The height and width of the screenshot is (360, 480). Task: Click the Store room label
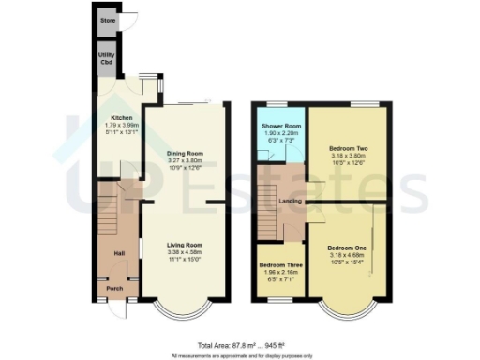108,18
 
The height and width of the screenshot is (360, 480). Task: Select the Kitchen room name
110,117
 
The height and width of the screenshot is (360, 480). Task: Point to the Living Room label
184,245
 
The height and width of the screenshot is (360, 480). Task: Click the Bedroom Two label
348,148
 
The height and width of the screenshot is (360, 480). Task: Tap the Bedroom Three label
278,264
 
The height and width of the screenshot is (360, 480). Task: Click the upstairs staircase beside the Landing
268,216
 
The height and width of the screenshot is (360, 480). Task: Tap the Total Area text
239,346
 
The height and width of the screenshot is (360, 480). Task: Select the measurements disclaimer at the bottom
239,355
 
